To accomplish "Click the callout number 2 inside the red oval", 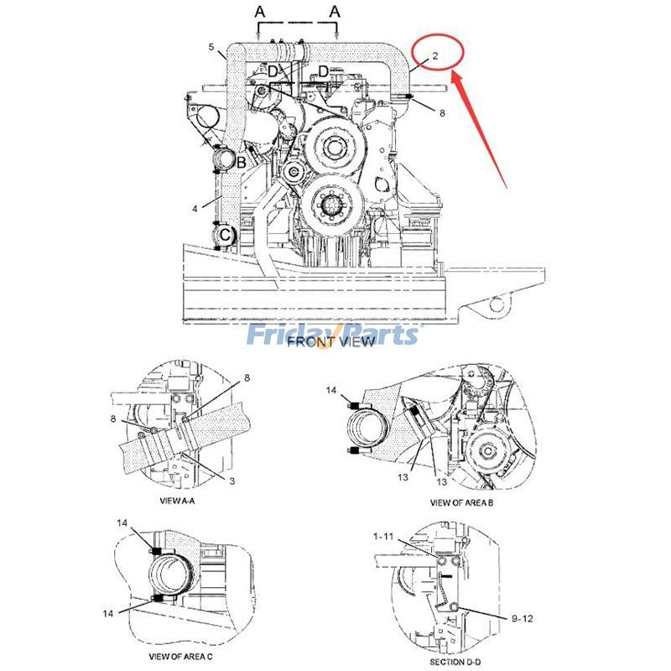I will pyautogui.click(x=435, y=56).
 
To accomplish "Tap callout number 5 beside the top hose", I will pyautogui.click(x=211, y=47).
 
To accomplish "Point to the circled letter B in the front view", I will pyautogui.click(x=241, y=162).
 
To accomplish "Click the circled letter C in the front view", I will pyautogui.click(x=226, y=236).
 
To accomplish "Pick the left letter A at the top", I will pyautogui.click(x=260, y=12).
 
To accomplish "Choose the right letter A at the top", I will pyautogui.click(x=335, y=12).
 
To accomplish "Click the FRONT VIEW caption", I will pyautogui.click(x=324, y=342).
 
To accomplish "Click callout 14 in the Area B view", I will pyautogui.click(x=332, y=390).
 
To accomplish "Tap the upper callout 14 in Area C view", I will pyautogui.click(x=122, y=523).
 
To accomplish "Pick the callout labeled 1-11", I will pyautogui.click(x=384, y=534).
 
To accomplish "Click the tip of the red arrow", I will pyautogui.click(x=454, y=74).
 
